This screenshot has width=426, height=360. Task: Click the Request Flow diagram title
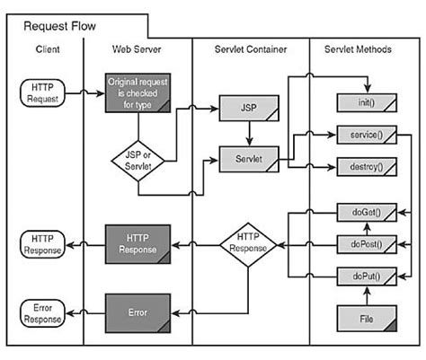(x=58, y=27)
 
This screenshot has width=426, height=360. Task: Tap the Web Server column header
(x=138, y=50)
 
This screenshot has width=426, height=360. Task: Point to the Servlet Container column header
(x=251, y=50)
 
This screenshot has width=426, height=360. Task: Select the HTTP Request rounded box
(x=43, y=92)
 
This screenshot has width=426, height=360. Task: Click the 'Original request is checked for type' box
(x=137, y=92)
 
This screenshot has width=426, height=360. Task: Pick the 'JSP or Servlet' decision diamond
(x=137, y=160)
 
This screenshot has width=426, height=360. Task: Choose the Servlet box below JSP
(x=245, y=160)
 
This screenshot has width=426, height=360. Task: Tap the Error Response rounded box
(x=43, y=313)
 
